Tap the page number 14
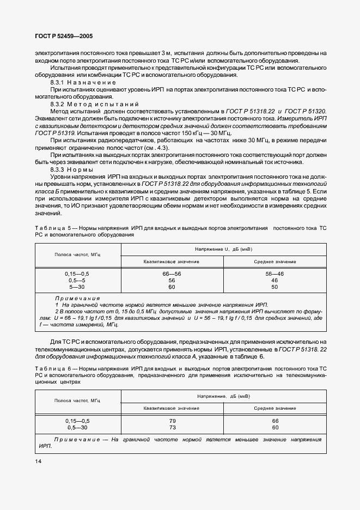(x=39, y=462)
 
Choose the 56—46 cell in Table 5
(x=274, y=273)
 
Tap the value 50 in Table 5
(x=274, y=287)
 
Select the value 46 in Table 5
(x=274, y=280)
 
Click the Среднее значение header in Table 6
(x=274, y=408)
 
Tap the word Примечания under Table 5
(x=77, y=299)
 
